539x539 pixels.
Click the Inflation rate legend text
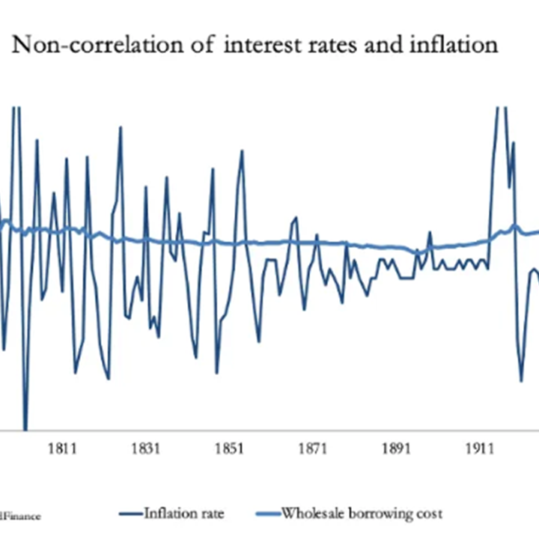point(183,514)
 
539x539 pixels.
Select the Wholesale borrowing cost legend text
point(362,514)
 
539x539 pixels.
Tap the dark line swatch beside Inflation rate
point(130,514)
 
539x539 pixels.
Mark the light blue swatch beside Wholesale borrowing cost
point(267,514)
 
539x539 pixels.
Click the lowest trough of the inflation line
point(25,428)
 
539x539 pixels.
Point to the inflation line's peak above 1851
point(242,151)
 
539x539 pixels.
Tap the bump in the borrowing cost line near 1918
point(514,225)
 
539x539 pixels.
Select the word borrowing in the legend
point(383,514)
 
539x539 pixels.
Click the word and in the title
point(382,46)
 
